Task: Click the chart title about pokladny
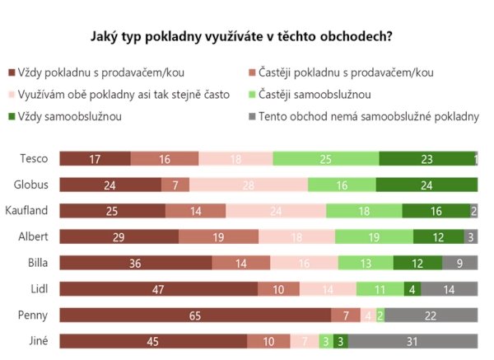(240, 37)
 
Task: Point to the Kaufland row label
(27, 211)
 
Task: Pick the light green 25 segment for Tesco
(326, 159)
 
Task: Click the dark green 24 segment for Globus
(426, 185)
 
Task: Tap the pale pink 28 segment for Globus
(249, 185)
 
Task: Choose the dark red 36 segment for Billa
(135, 264)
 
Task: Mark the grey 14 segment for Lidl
(449, 289)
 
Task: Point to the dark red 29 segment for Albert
(119, 237)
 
